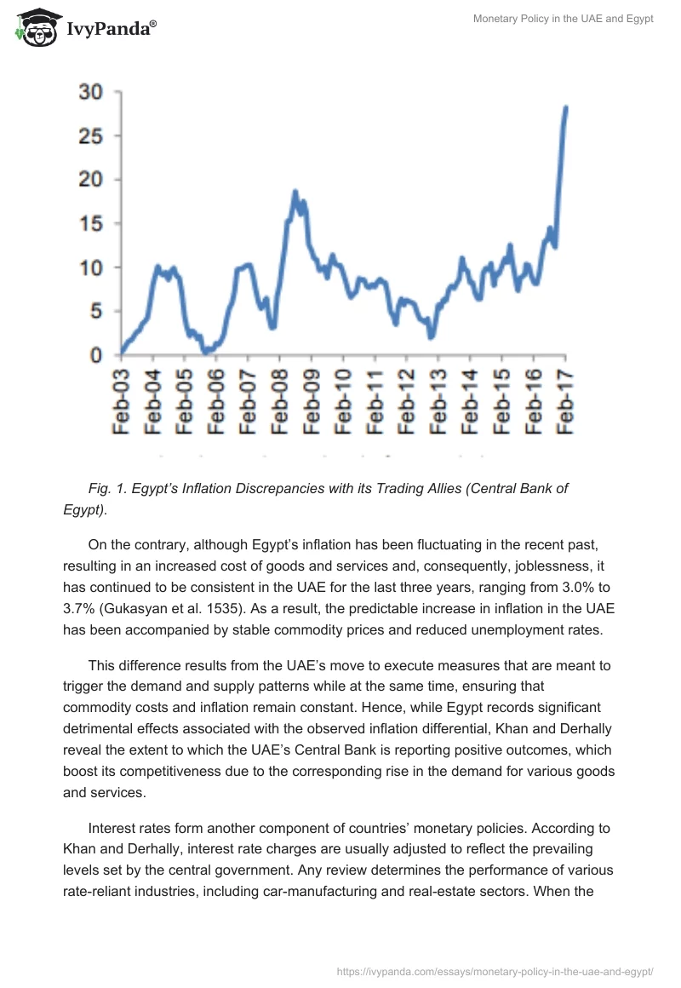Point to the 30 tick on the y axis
(x=90, y=92)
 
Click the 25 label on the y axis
(x=90, y=136)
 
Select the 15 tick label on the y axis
(x=90, y=224)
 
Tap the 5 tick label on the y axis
(x=95, y=312)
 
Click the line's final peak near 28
(x=566, y=107)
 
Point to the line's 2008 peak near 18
(x=295, y=192)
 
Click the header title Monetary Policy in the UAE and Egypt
(x=563, y=19)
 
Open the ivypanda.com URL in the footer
(x=495, y=970)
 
